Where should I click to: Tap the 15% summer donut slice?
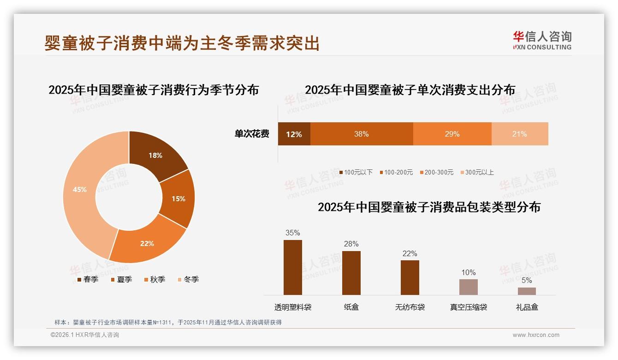click(179, 198)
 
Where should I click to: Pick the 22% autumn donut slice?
click(147, 242)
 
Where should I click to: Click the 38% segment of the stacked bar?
click(362, 134)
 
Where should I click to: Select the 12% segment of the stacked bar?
click(294, 134)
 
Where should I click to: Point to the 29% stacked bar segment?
click(452, 134)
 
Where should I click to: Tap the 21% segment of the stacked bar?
click(520, 134)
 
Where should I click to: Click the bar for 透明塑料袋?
click(293, 267)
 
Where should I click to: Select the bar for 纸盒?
click(351, 273)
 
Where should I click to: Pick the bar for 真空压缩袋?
click(468, 287)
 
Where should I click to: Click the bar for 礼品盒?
click(527, 291)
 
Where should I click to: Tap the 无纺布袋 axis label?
click(410, 307)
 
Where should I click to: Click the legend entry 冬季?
click(188, 280)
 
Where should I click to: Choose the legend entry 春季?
click(87, 280)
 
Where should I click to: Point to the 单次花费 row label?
click(252, 134)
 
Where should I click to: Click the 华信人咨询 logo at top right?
click(542, 40)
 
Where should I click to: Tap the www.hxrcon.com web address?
click(536, 335)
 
